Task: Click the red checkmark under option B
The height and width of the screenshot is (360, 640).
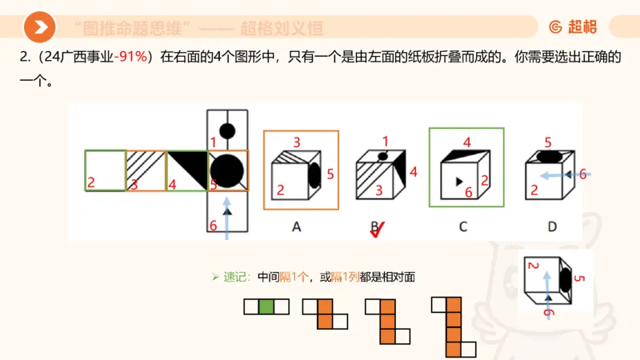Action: pyautogui.click(x=378, y=230)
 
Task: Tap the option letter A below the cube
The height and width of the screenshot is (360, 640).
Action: pyautogui.click(x=296, y=227)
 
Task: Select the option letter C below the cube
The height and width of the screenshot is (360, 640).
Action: pyautogui.click(x=462, y=227)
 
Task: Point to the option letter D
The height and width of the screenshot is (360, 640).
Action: pyautogui.click(x=552, y=227)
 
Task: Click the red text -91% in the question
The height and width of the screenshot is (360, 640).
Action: pyautogui.click(x=131, y=58)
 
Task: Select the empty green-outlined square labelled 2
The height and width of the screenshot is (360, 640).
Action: pyautogui.click(x=106, y=170)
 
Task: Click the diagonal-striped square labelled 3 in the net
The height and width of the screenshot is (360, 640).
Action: pyautogui.click(x=146, y=170)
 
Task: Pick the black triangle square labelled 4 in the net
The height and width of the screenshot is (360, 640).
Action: pyautogui.click(x=186, y=170)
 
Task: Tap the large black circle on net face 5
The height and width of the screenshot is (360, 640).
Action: pyautogui.click(x=227, y=170)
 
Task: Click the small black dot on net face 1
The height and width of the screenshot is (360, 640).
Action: pyautogui.click(x=227, y=130)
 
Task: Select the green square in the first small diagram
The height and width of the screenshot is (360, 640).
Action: pyautogui.click(x=266, y=305)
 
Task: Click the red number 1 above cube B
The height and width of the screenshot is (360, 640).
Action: pyautogui.click(x=385, y=141)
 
